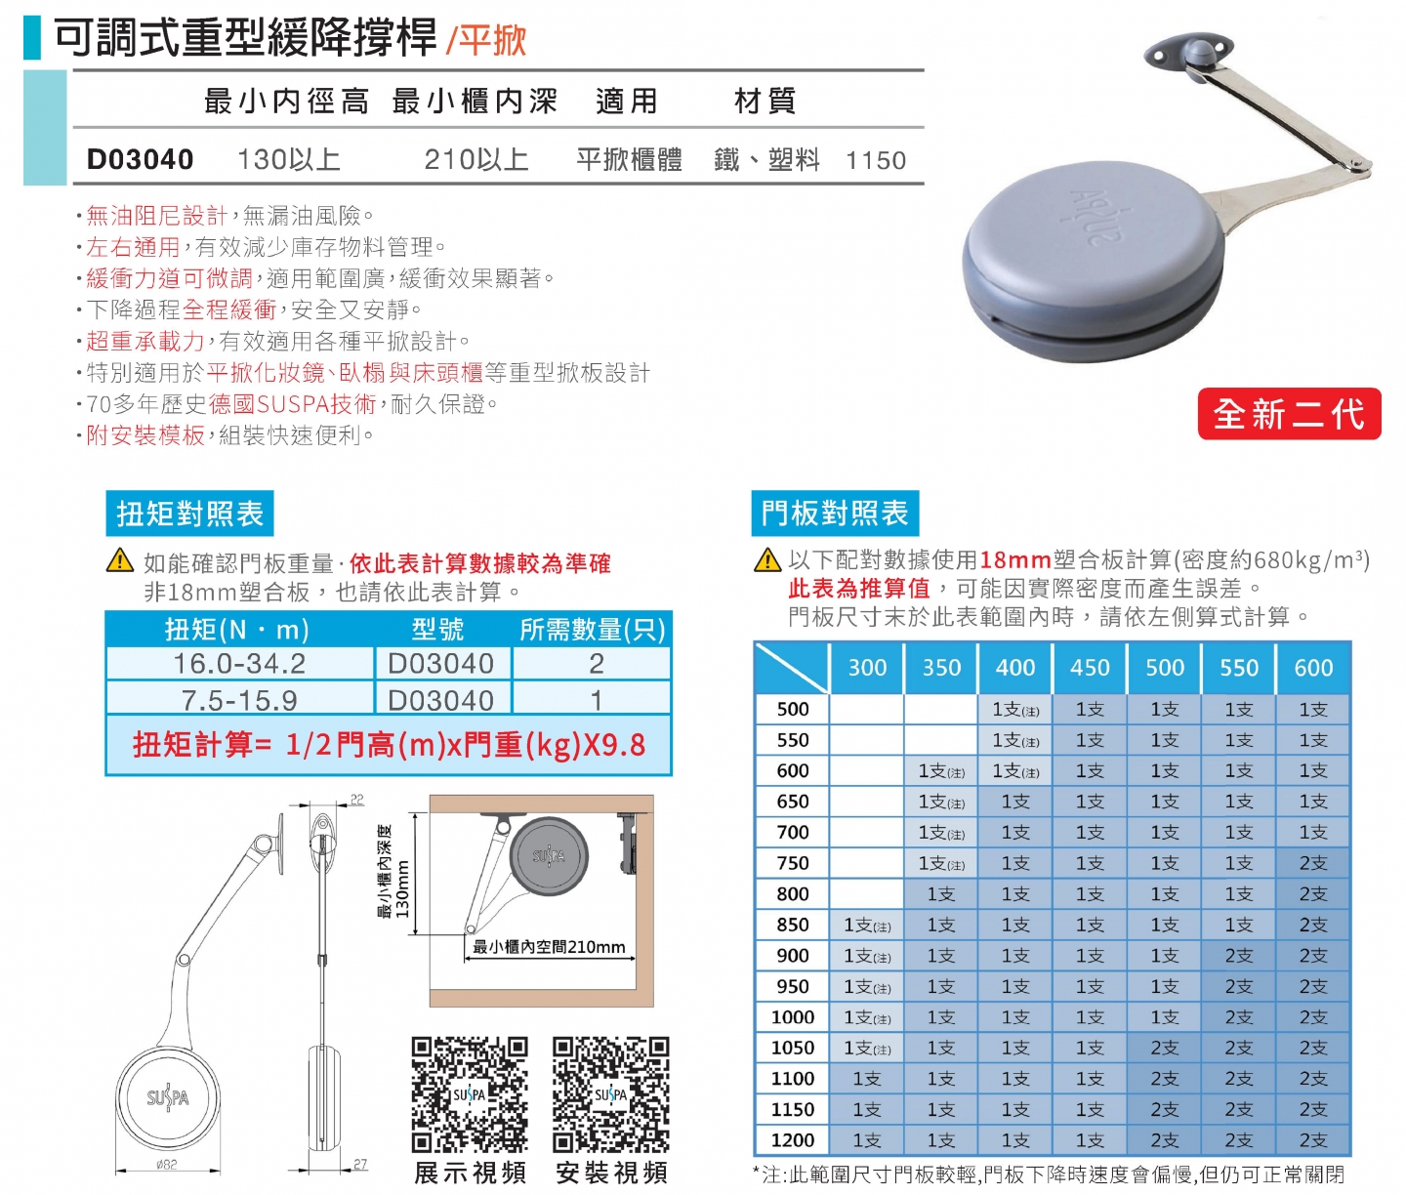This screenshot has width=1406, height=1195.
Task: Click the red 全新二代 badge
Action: (1289, 414)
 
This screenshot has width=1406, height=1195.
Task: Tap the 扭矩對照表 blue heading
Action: (189, 514)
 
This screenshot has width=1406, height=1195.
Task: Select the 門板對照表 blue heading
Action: (835, 514)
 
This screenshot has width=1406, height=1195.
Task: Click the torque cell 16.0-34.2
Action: (239, 664)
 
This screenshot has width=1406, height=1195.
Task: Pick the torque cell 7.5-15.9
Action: (239, 700)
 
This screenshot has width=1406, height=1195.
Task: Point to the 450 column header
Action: (1090, 668)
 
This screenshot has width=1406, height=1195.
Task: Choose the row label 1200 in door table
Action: (792, 1140)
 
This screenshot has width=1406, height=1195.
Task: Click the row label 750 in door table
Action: (792, 863)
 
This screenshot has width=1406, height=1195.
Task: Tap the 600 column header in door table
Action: (1313, 668)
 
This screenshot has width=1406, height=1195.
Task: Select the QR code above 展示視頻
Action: (470, 1094)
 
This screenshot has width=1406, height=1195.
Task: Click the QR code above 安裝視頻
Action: (611, 1094)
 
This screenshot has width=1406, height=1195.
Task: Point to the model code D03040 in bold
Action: (140, 159)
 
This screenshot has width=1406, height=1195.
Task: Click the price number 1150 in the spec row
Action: (876, 160)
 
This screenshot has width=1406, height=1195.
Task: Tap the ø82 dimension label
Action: (167, 1165)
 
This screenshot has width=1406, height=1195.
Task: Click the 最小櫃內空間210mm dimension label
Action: (549, 947)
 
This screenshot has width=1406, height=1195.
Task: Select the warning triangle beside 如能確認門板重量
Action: (120, 560)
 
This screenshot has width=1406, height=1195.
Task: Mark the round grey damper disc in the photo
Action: (1092, 261)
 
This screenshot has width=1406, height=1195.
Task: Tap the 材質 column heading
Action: (765, 101)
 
